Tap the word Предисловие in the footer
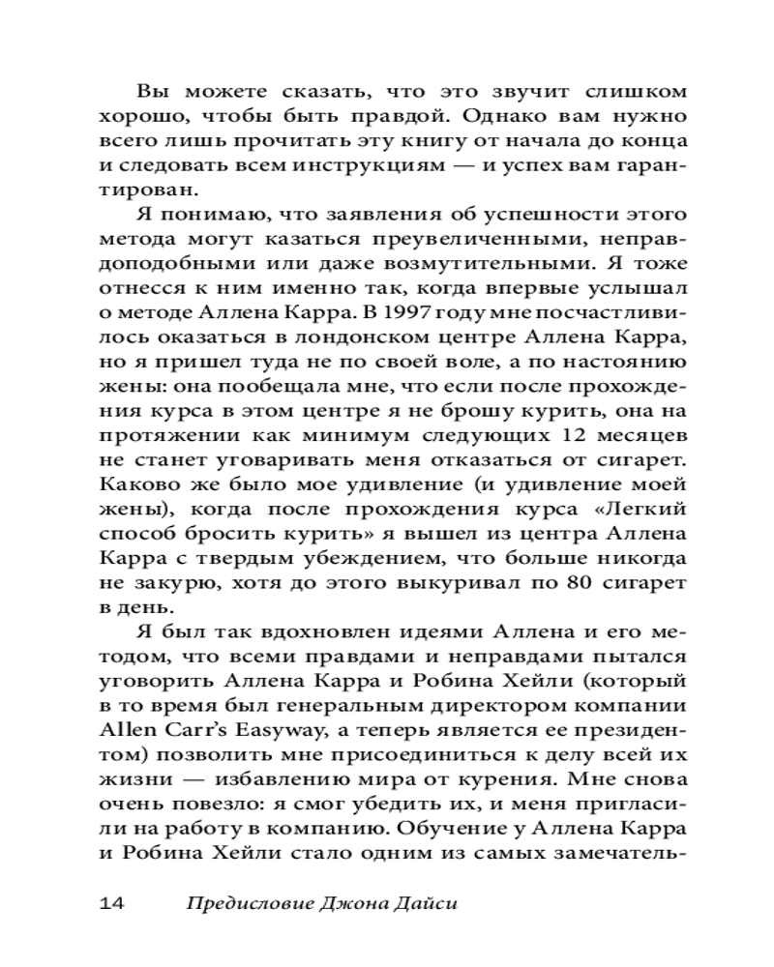pos(243,904)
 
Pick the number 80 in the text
pos(577,584)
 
